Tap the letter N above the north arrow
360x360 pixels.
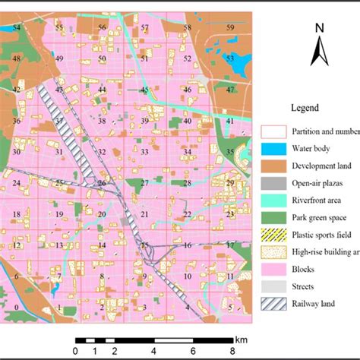tap(320, 29)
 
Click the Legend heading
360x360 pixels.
tap(309, 108)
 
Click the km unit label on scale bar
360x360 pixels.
tap(242, 339)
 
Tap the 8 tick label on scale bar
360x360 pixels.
tap(233, 351)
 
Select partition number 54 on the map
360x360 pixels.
tap(17, 27)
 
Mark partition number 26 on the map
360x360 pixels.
tap(101, 183)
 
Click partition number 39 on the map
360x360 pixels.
tap(144, 121)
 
